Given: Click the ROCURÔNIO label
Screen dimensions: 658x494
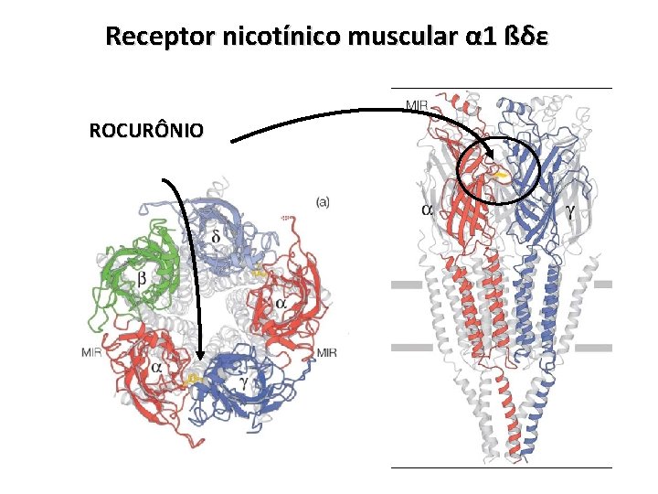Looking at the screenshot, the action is point(146,131).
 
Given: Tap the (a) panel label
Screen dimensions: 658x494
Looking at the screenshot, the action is point(323,201).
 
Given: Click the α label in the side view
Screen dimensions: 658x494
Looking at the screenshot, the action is point(428,210).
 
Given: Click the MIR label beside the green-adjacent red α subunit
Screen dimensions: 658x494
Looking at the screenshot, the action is point(92,352).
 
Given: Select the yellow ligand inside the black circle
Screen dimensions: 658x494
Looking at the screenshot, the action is point(501,172).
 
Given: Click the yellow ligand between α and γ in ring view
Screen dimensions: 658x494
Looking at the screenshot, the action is point(194,377).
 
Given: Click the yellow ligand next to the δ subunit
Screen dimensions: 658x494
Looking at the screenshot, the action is point(260,272).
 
